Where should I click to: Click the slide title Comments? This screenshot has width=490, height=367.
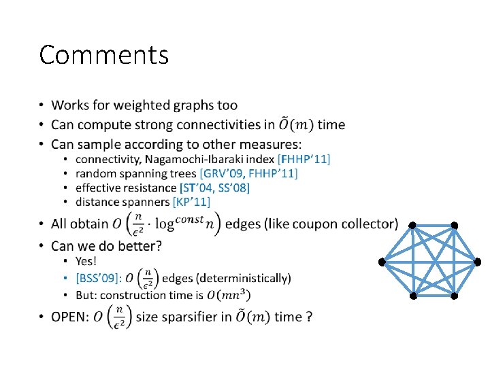coord(103,55)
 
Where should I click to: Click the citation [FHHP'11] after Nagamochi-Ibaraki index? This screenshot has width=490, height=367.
coord(304,159)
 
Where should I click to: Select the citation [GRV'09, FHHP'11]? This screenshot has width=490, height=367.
coord(248,173)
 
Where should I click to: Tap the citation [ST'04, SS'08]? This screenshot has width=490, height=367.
coord(214,188)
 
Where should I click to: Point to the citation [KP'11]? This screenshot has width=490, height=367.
coord(192,202)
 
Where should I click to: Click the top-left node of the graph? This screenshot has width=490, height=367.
coord(412,226)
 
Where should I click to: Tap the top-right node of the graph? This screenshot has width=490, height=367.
coord(454,226)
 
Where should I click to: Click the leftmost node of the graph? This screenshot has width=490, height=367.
coord(382,262)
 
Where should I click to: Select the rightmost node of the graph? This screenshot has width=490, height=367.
coord(477,262)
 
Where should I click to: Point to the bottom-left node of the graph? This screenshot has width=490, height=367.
coord(412,296)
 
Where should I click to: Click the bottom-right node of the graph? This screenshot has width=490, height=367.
coord(454,296)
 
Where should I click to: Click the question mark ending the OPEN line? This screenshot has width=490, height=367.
coord(309,317)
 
